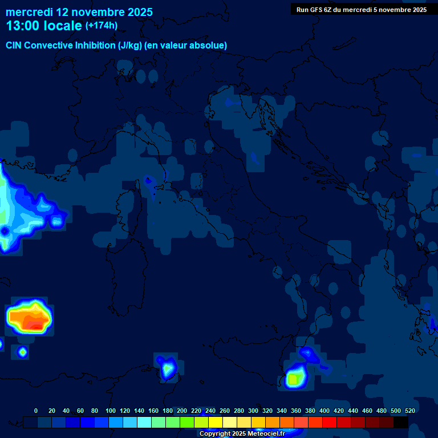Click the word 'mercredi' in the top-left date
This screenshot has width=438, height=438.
point(29,12)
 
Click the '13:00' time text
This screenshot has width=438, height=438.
point(22,26)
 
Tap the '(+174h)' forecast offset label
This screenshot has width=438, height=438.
point(102,26)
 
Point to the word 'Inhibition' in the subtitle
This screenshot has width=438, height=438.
point(95,46)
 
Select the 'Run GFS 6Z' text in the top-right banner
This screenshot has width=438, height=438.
point(315,10)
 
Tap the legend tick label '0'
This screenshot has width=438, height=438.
point(36,411)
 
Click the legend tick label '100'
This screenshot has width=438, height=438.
point(111,411)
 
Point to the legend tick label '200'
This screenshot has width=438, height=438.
point(182,411)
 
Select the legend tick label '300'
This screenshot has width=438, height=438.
point(253,411)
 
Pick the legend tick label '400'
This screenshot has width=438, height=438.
point(325,411)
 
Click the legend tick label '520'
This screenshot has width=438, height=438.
point(410,411)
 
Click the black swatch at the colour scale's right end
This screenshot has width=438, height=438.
point(401,422)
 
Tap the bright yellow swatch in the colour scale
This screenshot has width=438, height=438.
point(215,422)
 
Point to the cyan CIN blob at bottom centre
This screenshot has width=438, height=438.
point(167,369)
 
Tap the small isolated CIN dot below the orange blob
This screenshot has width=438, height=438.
point(22,351)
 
